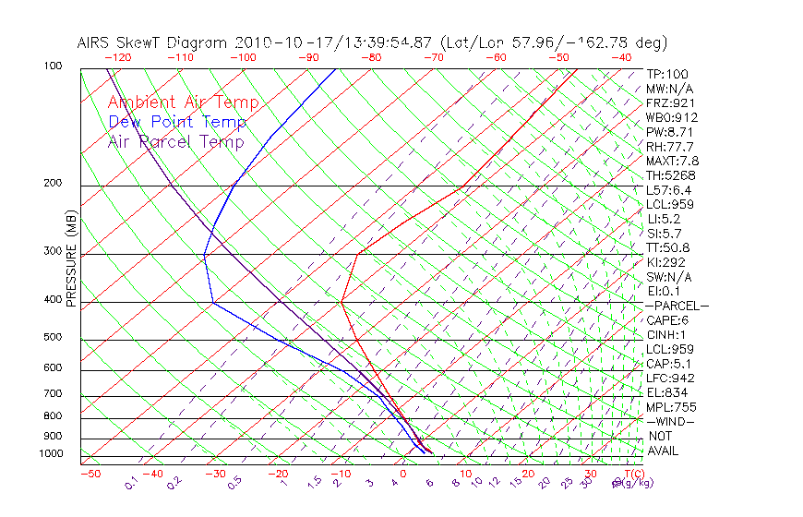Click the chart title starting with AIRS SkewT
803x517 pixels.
point(372,42)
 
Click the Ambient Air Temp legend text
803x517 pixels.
point(183,102)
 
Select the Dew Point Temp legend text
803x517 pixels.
point(177,122)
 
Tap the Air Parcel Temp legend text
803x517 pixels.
point(175,141)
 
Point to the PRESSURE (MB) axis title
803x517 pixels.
point(72,258)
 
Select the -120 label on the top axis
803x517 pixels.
point(117,57)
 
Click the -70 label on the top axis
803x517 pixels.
point(433,57)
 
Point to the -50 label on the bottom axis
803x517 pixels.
point(90,474)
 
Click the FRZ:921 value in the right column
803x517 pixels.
point(670,102)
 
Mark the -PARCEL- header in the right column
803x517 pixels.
point(677,306)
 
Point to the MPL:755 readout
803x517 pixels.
point(670,407)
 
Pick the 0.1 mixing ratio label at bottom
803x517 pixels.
point(131,483)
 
